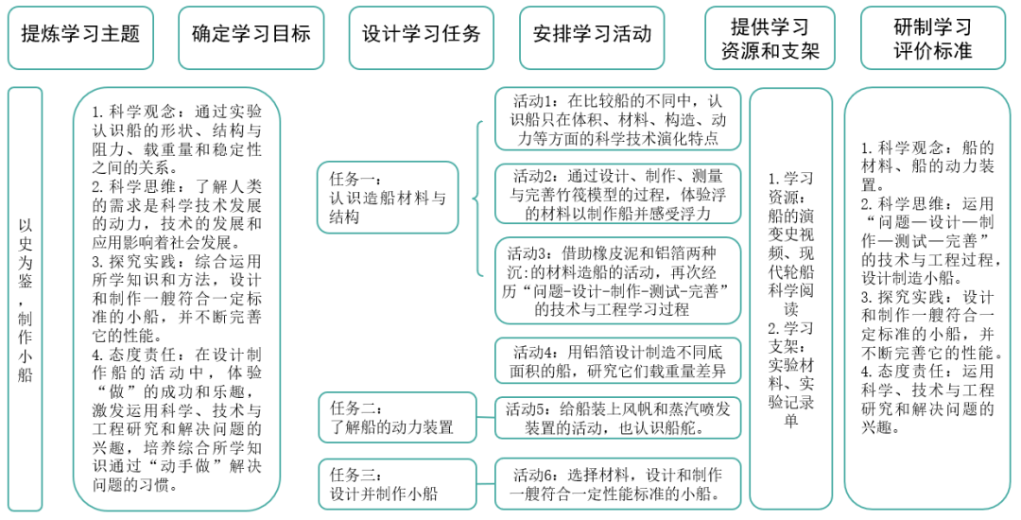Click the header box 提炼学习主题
click(80, 35)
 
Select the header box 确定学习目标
click(251, 35)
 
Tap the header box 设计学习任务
click(422, 35)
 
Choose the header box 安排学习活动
click(592, 35)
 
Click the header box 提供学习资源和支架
click(770, 38)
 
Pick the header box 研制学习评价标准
click(933, 38)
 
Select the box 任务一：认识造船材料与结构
click(388, 198)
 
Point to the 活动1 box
click(617, 119)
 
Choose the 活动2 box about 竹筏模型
click(617, 194)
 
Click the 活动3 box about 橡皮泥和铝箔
click(617, 281)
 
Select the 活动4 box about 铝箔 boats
click(617, 360)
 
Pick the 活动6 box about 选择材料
click(617, 483)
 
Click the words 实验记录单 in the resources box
click(790, 402)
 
